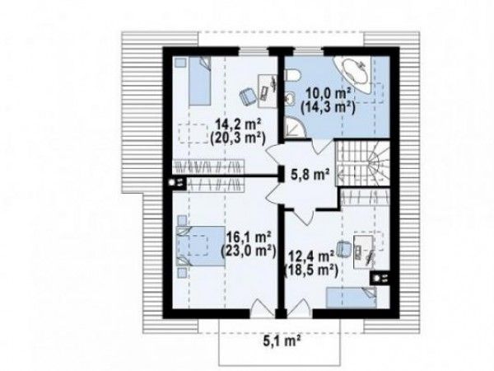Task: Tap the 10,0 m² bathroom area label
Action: coord(329,94)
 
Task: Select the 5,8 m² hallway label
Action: coord(310,174)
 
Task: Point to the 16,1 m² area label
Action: coord(249,237)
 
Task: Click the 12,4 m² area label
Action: coord(311,256)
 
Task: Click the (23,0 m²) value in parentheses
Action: coord(249,251)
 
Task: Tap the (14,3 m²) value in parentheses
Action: coord(328,108)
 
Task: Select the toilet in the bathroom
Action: coord(292,76)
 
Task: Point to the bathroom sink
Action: coord(290,97)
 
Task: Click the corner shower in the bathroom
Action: coord(295,128)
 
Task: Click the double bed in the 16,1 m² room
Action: coord(200,246)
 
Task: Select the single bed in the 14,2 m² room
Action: coord(200,81)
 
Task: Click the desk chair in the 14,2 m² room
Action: coord(248,96)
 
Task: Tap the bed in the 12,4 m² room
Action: coord(352,297)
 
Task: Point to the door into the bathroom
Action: coord(320,146)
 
